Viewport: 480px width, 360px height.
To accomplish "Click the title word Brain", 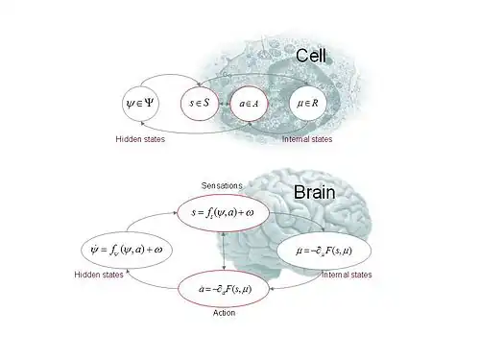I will [x=313, y=192].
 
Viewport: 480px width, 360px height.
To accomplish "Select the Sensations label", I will [x=223, y=184].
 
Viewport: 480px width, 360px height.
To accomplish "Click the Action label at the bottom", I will [x=223, y=313].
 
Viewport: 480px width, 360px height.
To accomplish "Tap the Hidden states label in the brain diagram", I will [x=100, y=276].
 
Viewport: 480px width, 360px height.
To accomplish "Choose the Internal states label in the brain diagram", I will [x=346, y=276].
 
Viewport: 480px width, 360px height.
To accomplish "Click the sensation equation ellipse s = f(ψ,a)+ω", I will [x=223, y=211].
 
